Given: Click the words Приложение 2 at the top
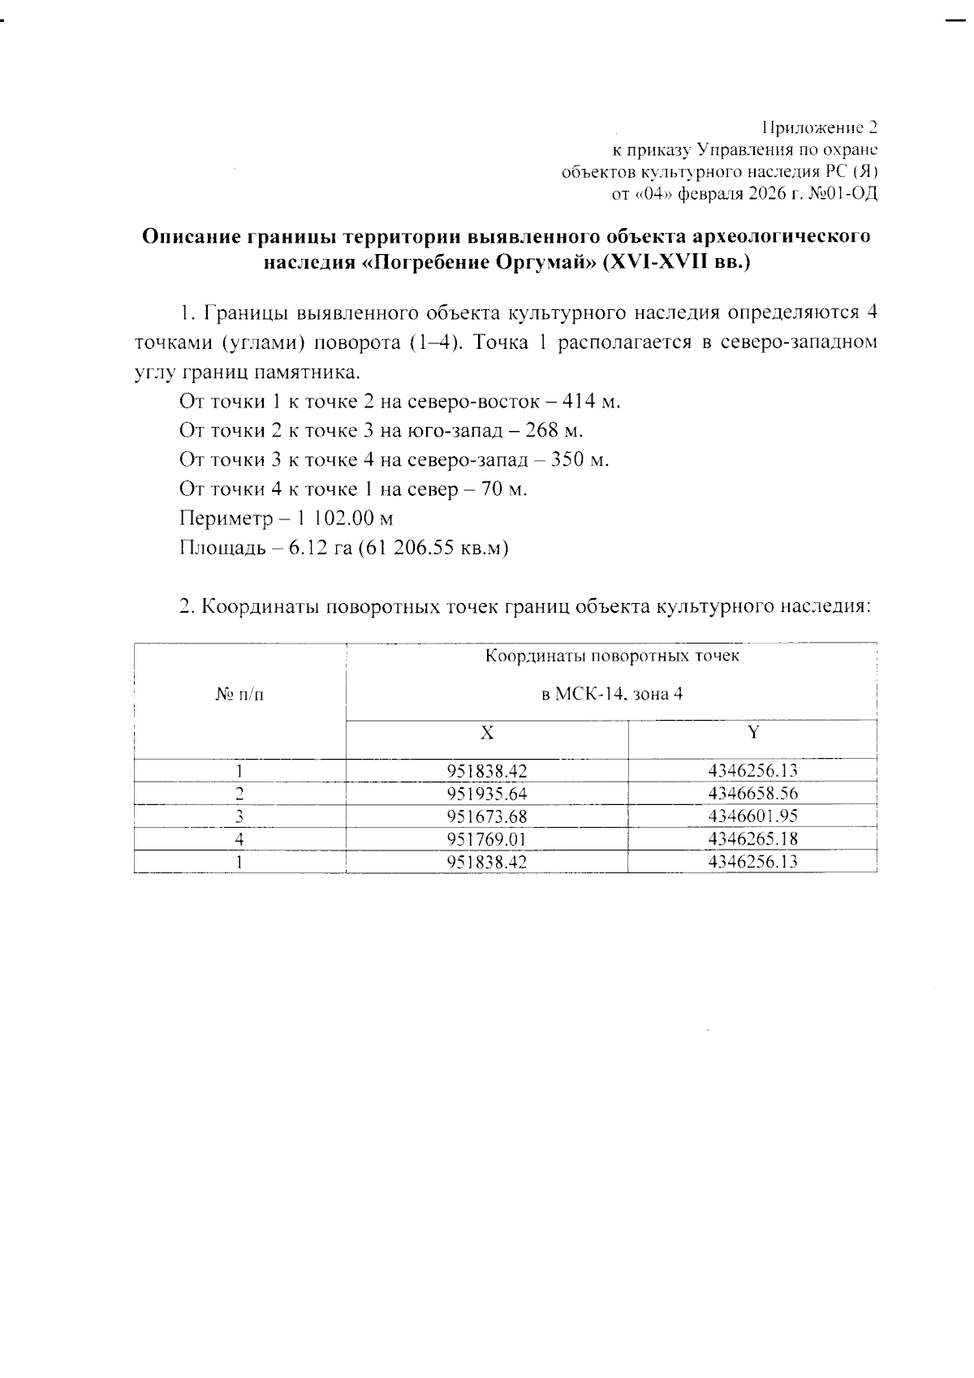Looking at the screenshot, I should [819, 128].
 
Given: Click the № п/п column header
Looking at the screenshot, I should [239, 695].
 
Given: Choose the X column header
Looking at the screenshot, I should [486, 733].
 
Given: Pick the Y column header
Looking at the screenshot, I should [752, 733].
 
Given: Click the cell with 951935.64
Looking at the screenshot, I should [486, 794].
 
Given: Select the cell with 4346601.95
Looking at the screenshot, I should [752, 816].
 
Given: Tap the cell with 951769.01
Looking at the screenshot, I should [486, 839].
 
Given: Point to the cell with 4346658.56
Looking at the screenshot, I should [752, 794].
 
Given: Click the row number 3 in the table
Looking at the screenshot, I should [239, 816].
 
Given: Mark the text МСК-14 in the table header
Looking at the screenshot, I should [588, 695].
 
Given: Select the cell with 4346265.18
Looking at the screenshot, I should [752, 839].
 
